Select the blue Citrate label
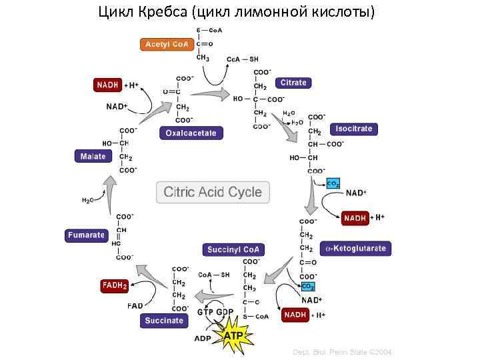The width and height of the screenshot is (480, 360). pyautogui.click(x=293, y=83)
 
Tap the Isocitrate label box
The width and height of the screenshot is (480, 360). pyautogui.click(x=354, y=129)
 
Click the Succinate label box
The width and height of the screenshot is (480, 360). pyautogui.click(x=164, y=321)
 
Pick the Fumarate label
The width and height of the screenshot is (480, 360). pyautogui.click(x=86, y=235)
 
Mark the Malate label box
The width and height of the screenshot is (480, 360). pyautogui.click(x=94, y=156)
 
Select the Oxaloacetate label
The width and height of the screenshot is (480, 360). pyautogui.click(x=191, y=133)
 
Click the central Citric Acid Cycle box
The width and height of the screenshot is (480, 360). pyautogui.click(x=213, y=192)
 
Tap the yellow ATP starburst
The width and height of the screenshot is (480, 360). pyautogui.click(x=233, y=336)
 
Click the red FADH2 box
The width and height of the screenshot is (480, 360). pyautogui.click(x=114, y=285)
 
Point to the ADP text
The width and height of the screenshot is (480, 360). pyautogui.click(x=202, y=339)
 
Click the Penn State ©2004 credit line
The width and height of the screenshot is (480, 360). pyautogui.click(x=343, y=351)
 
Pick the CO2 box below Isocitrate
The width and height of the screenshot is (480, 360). pyautogui.click(x=333, y=183)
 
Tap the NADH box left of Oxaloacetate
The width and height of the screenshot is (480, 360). pyautogui.click(x=108, y=85)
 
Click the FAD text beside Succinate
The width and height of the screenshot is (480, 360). pyautogui.click(x=135, y=306)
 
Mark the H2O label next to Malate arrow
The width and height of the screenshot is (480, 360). pyautogui.click(x=87, y=200)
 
